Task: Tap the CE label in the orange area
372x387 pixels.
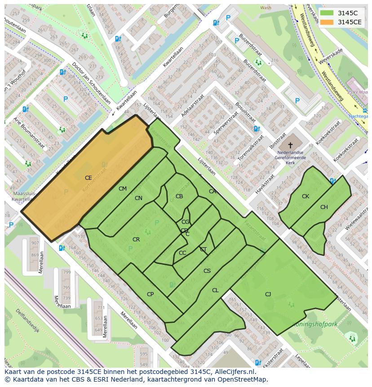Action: click(x=88, y=178)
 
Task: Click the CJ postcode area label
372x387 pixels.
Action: click(x=268, y=294)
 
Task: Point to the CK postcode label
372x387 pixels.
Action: click(x=306, y=196)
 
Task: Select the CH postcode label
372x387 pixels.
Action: click(x=324, y=207)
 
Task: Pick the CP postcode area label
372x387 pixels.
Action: click(x=150, y=294)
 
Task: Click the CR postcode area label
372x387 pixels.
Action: click(x=136, y=240)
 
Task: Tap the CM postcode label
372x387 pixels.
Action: click(x=123, y=189)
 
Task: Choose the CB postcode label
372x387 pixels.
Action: click(x=179, y=196)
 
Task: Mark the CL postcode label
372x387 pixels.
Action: click(x=215, y=290)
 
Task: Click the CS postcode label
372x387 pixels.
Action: click(x=207, y=271)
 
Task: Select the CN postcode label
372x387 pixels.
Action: click(x=138, y=198)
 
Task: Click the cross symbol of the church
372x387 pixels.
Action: click(x=290, y=145)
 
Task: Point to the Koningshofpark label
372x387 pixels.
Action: click(x=314, y=324)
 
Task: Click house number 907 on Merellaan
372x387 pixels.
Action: click(x=35, y=243)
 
